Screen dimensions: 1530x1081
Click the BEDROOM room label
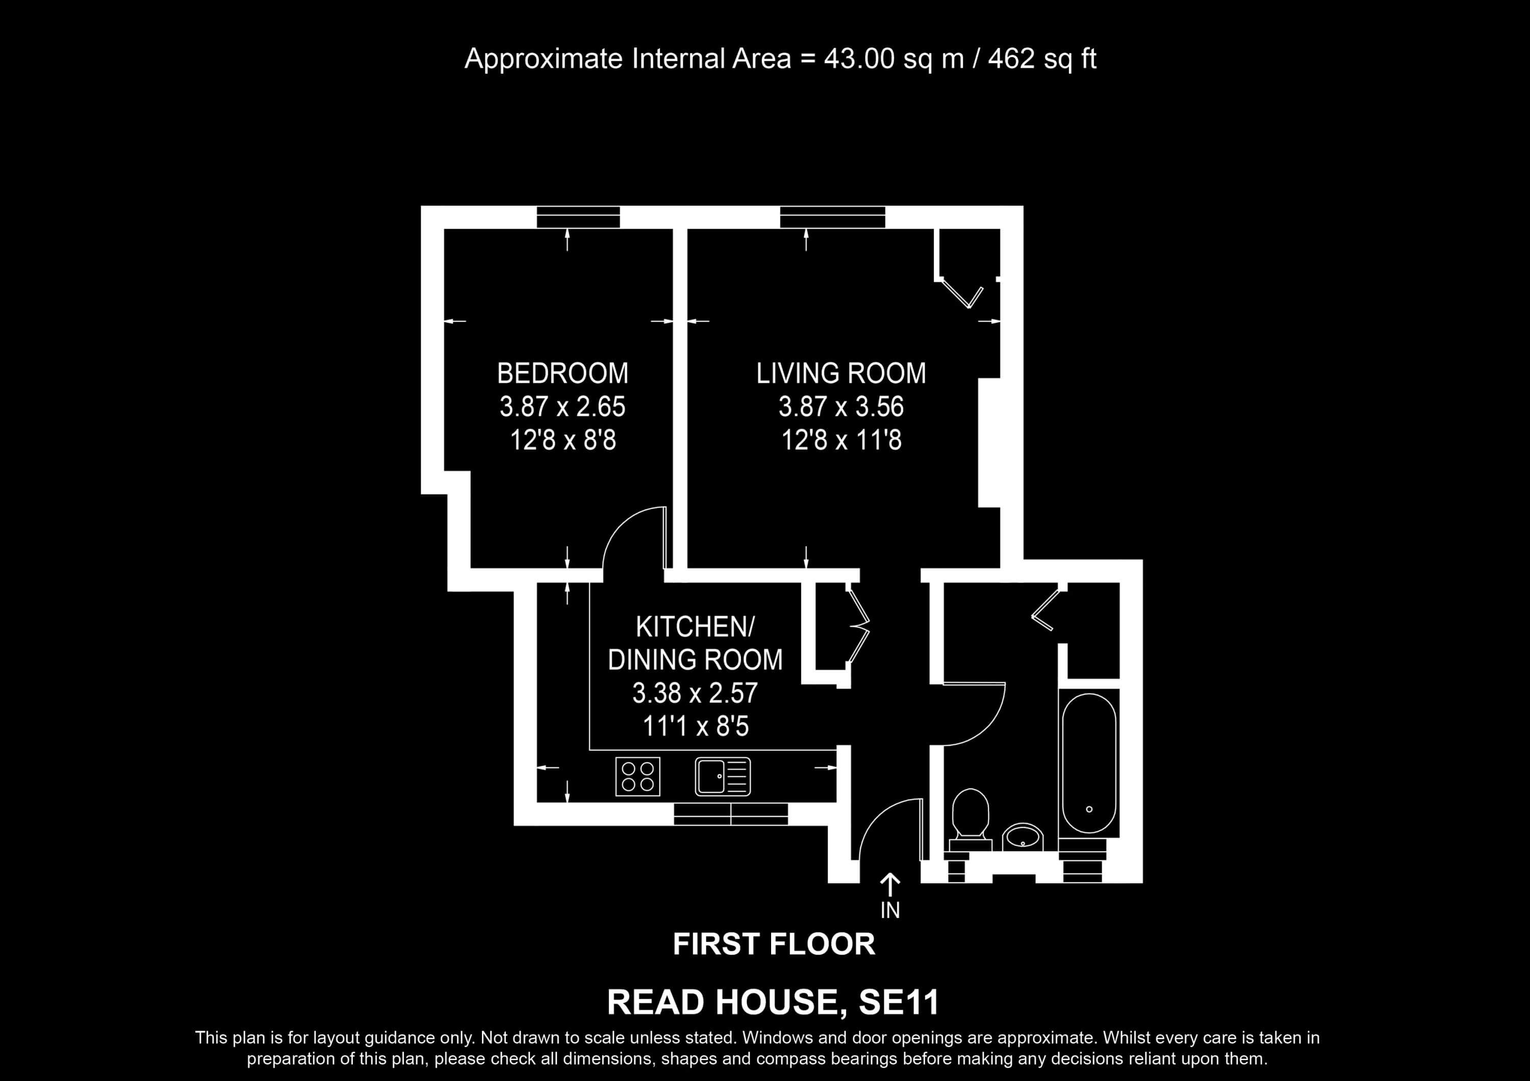(x=563, y=373)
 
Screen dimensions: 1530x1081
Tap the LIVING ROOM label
(x=841, y=373)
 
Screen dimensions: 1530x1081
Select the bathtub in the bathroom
(x=1089, y=763)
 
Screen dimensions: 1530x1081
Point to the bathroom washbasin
(x=1023, y=837)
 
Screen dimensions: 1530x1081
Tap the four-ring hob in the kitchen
(x=637, y=777)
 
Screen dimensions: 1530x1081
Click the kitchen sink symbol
(x=723, y=777)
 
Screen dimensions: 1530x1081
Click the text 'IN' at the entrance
(x=890, y=910)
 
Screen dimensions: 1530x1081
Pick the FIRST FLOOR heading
(x=774, y=944)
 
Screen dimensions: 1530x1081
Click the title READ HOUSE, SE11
(x=774, y=1003)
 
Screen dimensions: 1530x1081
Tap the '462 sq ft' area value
(x=1042, y=59)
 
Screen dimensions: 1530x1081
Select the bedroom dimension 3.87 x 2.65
(x=563, y=406)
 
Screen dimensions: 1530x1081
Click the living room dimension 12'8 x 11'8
(x=841, y=440)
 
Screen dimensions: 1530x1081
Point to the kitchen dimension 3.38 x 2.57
(x=695, y=693)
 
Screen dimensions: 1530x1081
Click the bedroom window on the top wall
(x=578, y=217)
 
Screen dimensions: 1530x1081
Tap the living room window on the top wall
(x=833, y=217)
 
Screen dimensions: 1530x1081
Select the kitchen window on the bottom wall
(x=731, y=813)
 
